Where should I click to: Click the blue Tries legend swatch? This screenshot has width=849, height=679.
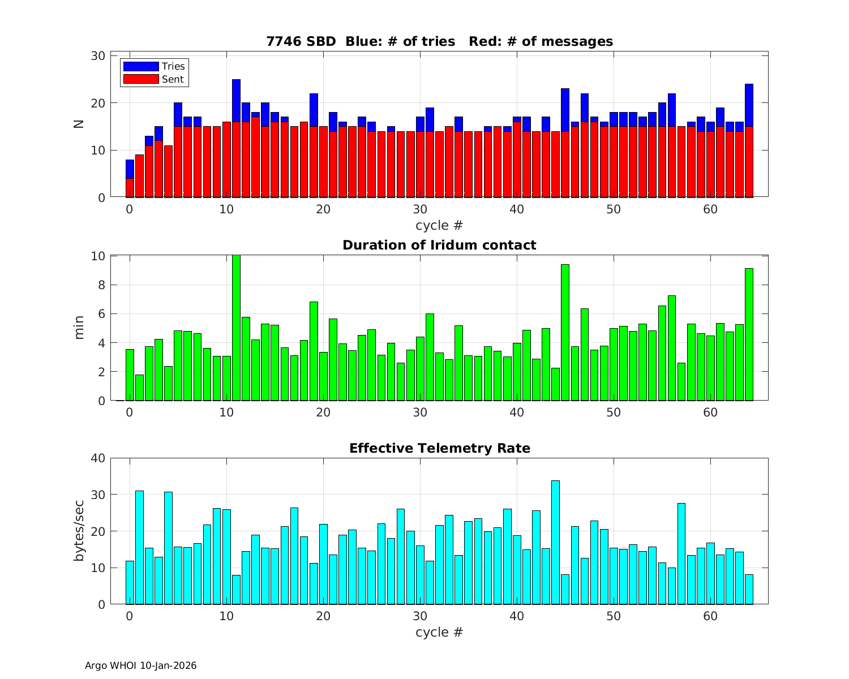coord(141,66)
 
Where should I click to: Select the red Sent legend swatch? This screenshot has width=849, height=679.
coord(141,79)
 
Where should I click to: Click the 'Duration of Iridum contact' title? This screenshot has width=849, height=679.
coord(439,245)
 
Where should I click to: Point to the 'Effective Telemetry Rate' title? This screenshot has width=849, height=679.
coord(439,448)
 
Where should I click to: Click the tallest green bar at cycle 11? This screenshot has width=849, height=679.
coord(236,328)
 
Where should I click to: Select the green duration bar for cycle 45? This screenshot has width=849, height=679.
coord(565,333)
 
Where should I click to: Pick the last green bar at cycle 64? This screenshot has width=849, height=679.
coord(749,334)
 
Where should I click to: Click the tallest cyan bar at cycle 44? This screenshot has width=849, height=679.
coord(555,542)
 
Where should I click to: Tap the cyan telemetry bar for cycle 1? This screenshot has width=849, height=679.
coord(139,547)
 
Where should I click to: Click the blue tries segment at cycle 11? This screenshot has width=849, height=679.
coord(236,101)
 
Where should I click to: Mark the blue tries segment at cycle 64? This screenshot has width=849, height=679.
coord(749,105)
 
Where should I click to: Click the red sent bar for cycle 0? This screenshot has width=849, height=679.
coord(130,188)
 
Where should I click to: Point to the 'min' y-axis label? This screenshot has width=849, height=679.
coord(79,328)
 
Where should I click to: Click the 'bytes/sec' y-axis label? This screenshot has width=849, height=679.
coord(79,531)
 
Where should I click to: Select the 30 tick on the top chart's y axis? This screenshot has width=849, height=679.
coord(98,55)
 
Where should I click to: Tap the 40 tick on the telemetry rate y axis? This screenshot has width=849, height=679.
coord(98,458)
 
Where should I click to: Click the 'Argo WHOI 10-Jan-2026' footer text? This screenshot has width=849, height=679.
coord(141,665)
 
